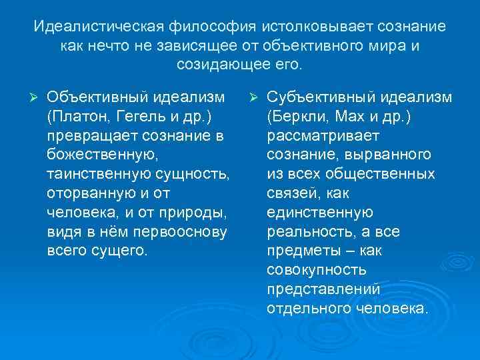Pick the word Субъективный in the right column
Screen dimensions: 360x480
tap(320, 98)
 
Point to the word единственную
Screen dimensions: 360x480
tap(320, 213)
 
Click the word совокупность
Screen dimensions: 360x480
tap(317, 271)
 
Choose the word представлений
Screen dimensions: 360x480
tap(323, 290)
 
